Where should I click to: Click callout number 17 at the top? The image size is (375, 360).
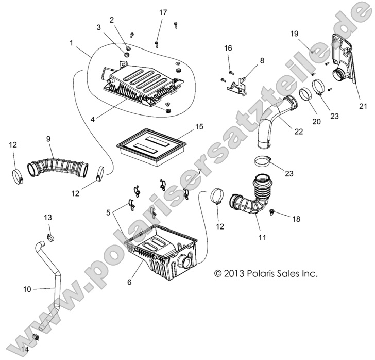[163, 12]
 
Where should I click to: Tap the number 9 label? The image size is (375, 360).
[48, 139]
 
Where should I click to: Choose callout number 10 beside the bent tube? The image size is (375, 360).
[27, 289]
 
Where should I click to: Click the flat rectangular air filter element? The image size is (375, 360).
[149, 144]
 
